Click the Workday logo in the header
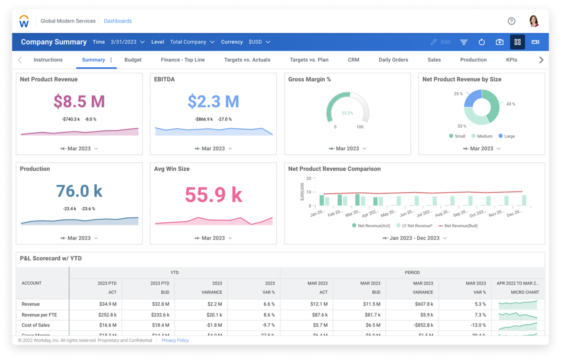(x=24, y=21)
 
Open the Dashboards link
(x=118, y=21)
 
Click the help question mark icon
(x=511, y=21)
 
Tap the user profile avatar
(x=534, y=21)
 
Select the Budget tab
(x=133, y=60)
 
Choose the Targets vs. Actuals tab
(x=247, y=60)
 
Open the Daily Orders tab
(x=393, y=60)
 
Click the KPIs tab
(x=511, y=60)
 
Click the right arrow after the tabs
(x=541, y=60)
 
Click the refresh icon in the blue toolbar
(x=482, y=42)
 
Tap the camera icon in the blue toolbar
(x=499, y=42)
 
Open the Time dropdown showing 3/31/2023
(x=128, y=42)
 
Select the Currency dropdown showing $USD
(x=259, y=42)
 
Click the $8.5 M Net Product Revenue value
(x=79, y=101)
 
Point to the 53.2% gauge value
(x=347, y=113)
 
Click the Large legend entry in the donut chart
(x=507, y=136)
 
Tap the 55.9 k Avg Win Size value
(x=214, y=195)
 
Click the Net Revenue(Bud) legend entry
(x=458, y=226)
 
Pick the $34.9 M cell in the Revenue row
(x=108, y=304)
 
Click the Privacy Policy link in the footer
(x=175, y=341)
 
